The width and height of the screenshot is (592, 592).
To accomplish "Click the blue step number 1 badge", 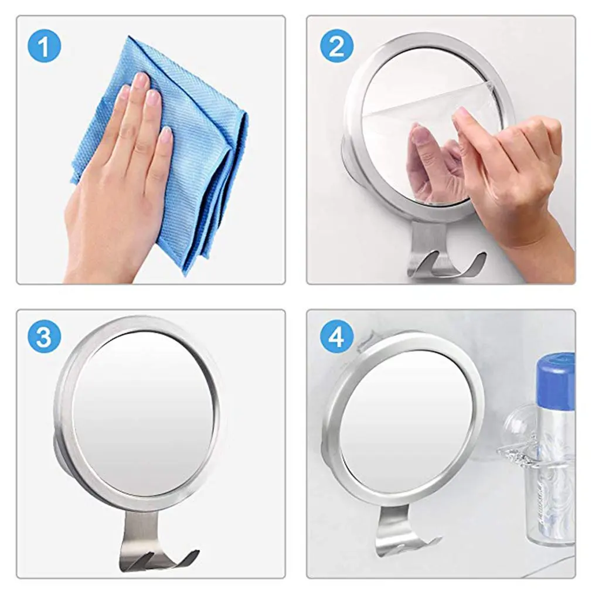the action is pos(44,46).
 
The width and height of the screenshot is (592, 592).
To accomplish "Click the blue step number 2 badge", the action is pos(337,46).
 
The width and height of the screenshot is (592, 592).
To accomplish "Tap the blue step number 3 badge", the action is pos(44,336).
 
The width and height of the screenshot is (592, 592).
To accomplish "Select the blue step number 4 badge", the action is pos(337,336).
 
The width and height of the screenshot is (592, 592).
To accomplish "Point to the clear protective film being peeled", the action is pos(434,110).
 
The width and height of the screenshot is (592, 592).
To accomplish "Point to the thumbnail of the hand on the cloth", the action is pos(166,135).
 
